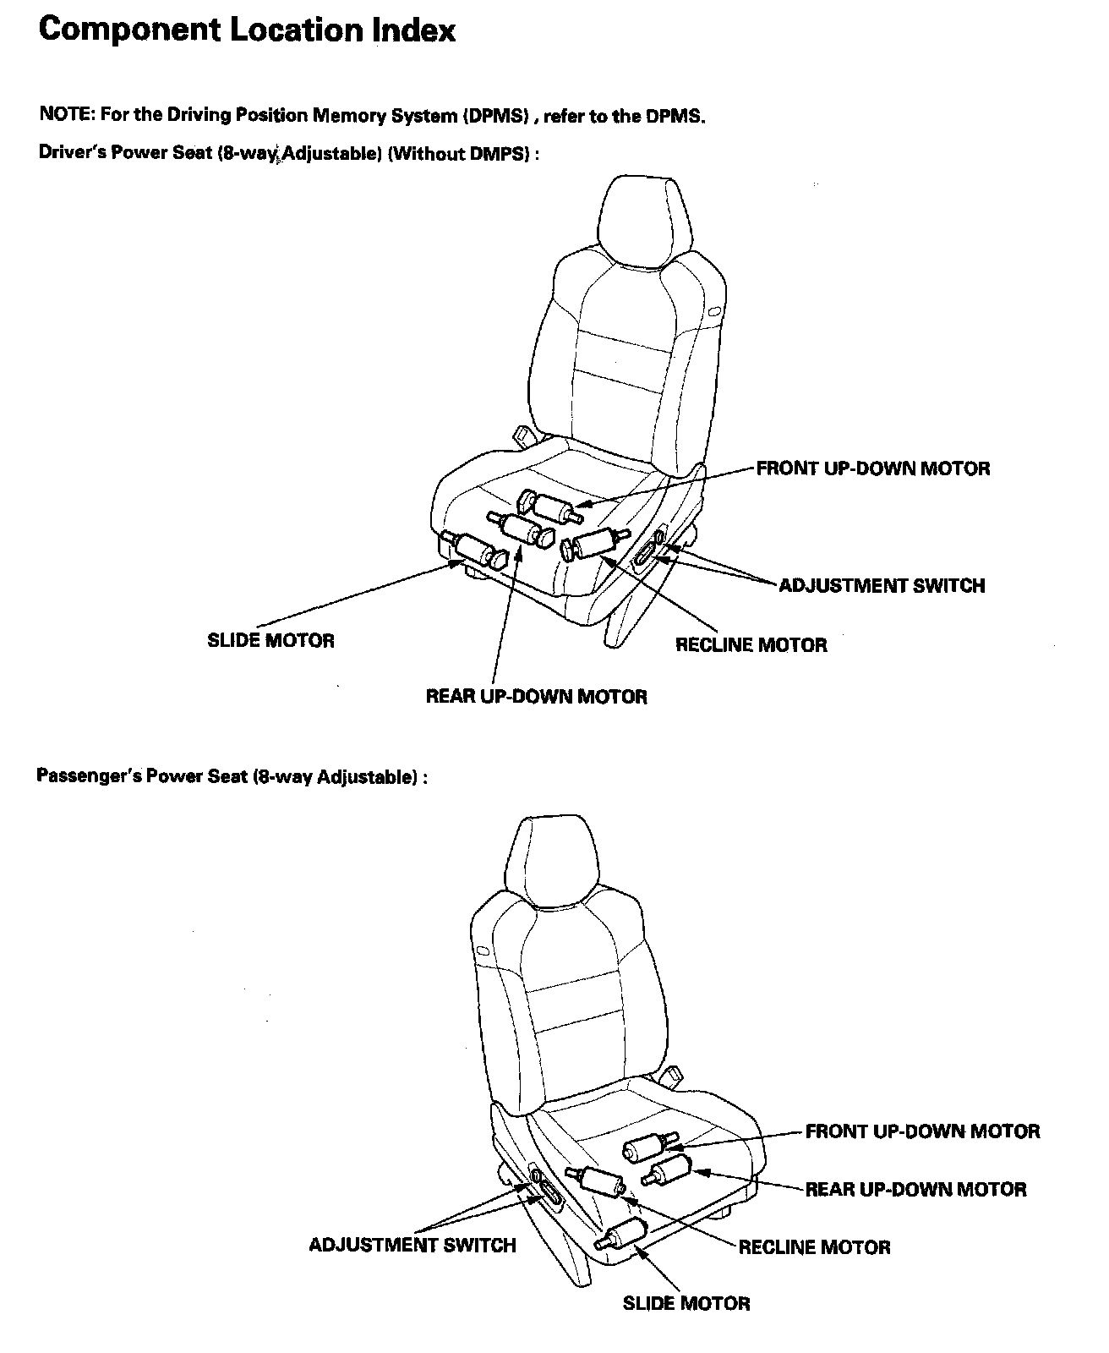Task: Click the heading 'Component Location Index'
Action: (x=247, y=30)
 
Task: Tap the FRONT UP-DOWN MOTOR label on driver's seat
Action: (x=872, y=468)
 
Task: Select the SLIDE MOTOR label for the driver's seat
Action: (x=270, y=641)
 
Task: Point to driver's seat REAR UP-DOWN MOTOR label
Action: (x=536, y=697)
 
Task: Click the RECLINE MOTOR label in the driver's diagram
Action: (x=751, y=645)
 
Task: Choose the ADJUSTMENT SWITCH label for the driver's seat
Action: (x=881, y=586)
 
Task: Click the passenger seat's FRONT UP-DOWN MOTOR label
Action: (x=922, y=1131)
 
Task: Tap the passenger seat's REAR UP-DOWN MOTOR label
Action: (x=915, y=1190)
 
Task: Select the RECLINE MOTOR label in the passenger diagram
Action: (x=814, y=1247)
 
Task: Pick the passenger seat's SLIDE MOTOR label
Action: (x=686, y=1303)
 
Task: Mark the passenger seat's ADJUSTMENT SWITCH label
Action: (x=412, y=1245)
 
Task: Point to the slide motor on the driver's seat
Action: (x=474, y=550)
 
